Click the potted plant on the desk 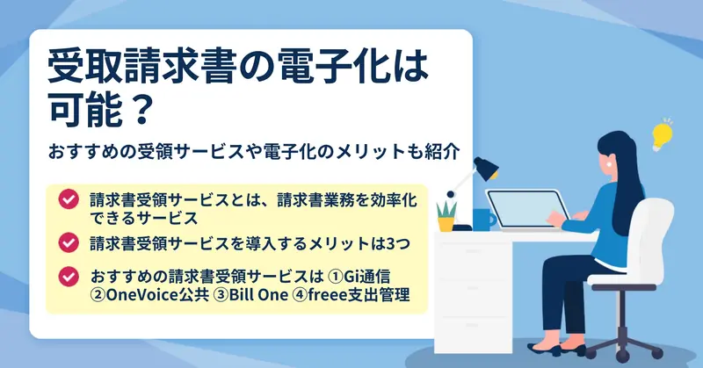coord(446,217)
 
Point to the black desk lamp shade coord(487,168)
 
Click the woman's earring coord(610,164)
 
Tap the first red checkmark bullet coord(69,199)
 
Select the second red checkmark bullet coord(69,242)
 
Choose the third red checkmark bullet coord(69,277)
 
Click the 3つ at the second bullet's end coord(398,243)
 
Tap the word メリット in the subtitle coord(367,151)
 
